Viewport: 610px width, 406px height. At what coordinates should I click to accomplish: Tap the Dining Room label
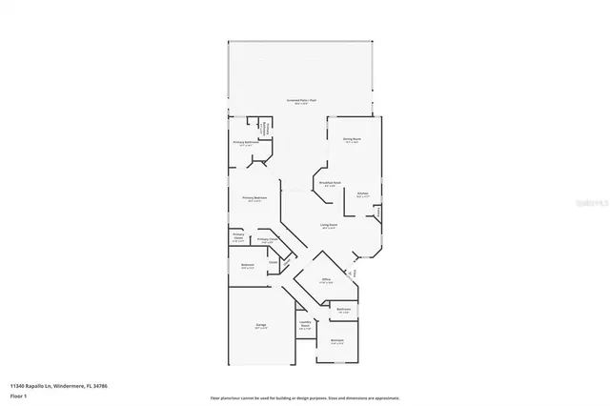point(352,139)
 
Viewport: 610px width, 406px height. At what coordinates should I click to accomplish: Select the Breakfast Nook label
point(329,184)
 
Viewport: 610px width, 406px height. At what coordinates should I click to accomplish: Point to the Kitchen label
point(362,194)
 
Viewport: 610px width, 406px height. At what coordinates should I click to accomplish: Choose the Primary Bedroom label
point(255,199)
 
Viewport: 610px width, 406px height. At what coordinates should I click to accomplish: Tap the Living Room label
point(329,226)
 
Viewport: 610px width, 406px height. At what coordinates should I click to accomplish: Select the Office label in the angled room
point(325,280)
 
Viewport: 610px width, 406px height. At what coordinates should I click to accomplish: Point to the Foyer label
point(356,274)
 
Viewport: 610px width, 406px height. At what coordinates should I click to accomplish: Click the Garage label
point(260,327)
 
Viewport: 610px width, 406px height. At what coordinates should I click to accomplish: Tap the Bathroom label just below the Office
point(343,310)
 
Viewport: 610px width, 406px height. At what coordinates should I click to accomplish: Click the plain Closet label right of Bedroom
point(272,261)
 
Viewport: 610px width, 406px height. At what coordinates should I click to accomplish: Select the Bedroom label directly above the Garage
point(247,267)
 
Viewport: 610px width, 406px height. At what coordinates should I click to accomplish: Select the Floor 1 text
point(18,394)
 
